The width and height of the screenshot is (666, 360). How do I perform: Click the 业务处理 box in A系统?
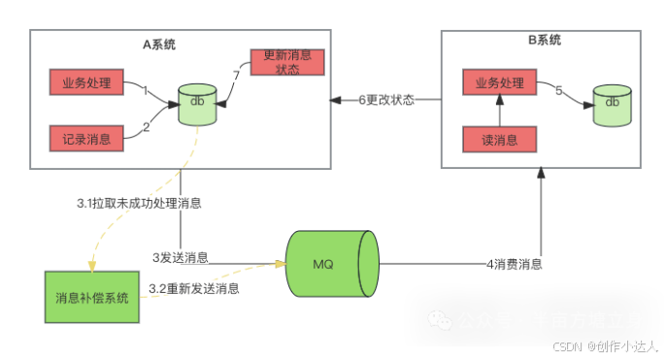[86, 83]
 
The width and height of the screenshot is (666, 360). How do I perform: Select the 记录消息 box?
[86, 139]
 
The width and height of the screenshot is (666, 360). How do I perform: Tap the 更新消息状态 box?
[286, 62]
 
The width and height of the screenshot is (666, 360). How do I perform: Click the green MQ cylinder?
[329, 263]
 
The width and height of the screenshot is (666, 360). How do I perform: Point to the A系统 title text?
[159, 45]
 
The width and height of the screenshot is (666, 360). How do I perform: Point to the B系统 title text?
[545, 41]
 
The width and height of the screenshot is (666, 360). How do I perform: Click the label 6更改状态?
[386, 99]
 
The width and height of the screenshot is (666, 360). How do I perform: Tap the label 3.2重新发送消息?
[194, 288]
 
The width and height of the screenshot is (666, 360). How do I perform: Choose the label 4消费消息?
[515, 263]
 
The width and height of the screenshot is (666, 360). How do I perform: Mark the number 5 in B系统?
[558, 90]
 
